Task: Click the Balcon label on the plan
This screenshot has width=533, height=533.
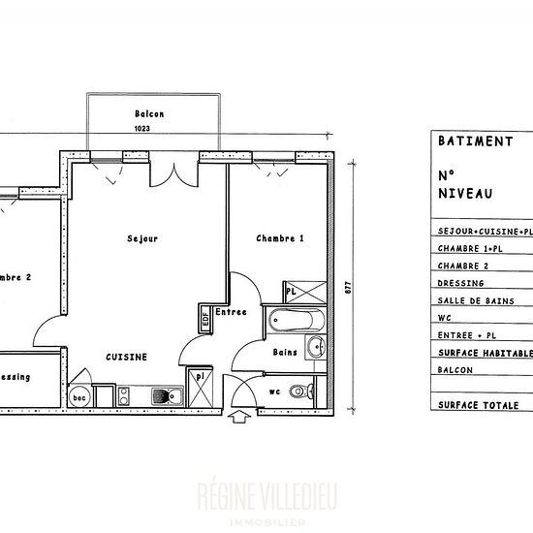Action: [149, 113]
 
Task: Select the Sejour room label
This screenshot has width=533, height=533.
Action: [142, 238]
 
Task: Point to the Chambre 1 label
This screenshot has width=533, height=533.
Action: [280, 238]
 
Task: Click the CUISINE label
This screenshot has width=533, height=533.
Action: [127, 357]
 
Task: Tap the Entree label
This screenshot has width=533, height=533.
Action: [231, 312]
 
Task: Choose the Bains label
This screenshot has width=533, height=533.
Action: [284, 352]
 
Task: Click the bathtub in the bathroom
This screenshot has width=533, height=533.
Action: [298, 319]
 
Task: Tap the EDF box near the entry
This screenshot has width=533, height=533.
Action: [205, 317]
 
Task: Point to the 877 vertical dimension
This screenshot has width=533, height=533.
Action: [346, 288]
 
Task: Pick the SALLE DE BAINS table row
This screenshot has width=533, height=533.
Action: [476, 301]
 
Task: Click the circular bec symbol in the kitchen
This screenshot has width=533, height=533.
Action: [78, 395]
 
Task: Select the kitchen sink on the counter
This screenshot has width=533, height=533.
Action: [164, 394]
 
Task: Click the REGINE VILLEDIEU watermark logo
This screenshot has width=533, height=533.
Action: [266, 496]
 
